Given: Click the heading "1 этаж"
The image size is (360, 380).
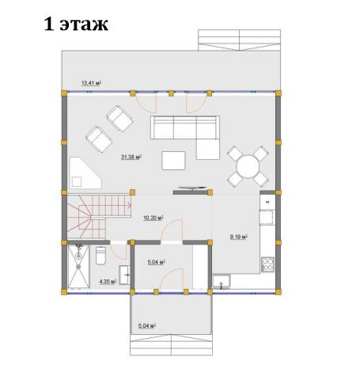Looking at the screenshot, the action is [76, 25].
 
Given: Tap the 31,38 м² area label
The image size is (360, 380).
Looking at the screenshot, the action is [131, 158].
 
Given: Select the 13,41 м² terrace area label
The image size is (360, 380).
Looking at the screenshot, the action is [91, 83].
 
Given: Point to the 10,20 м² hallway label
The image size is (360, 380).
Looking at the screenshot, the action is [153, 218].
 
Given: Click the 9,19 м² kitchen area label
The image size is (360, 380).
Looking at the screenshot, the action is [239, 237].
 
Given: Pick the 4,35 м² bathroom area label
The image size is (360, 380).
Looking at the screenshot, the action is [108, 282].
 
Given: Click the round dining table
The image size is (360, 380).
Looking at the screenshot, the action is [248, 167].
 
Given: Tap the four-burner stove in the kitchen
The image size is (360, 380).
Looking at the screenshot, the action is [267, 264].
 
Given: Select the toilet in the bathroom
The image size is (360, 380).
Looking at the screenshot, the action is [100, 255].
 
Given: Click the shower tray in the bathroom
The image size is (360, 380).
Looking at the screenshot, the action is [78, 267].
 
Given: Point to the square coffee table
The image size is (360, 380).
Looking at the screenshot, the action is [173, 161].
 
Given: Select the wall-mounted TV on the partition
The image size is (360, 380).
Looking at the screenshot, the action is [192, 188].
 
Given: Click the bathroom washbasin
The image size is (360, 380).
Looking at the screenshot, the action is [124, 275].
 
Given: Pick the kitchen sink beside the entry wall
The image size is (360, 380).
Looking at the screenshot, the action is [222, 281].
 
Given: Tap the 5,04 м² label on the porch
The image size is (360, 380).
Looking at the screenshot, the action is [147, 326].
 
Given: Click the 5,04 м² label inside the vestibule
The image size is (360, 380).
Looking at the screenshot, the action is [156, 262].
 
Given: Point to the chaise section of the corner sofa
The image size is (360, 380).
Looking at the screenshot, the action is [208, 149].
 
